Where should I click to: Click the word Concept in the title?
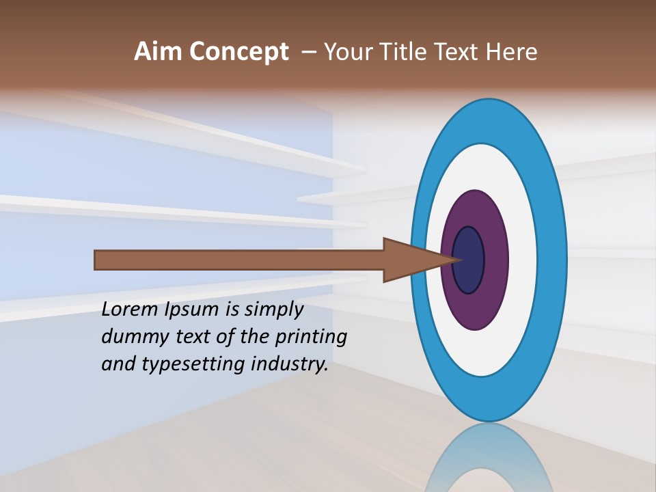[x=238, y=53]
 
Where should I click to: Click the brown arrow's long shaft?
[x=239, y=260]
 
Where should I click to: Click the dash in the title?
[x=308, y=53]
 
